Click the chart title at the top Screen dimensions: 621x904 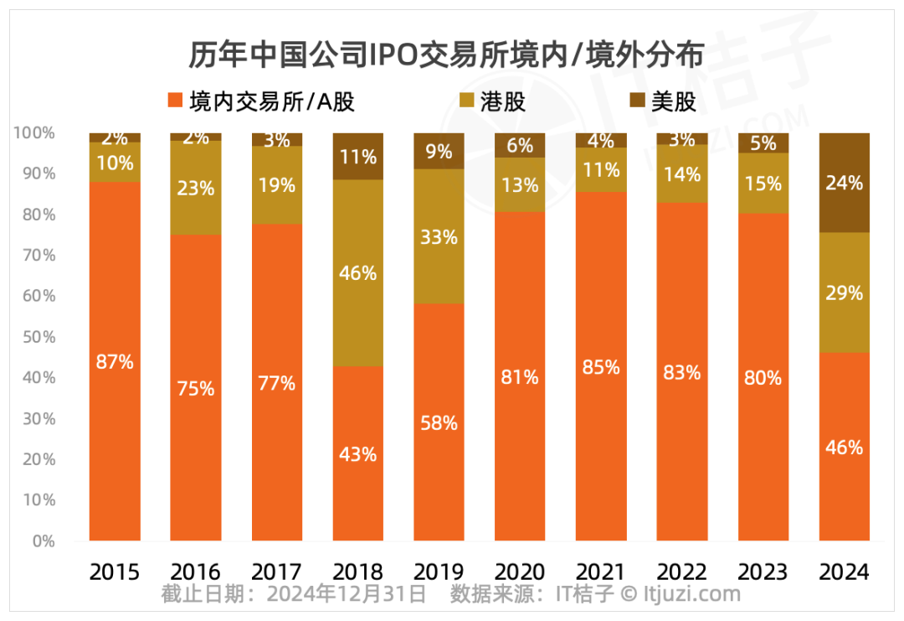pyautogui.click(x=444, y=55)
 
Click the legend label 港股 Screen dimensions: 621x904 pyautogui.click(x=504, y=101)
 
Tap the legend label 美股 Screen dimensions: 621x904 pyautogui.click(x=674, y=101)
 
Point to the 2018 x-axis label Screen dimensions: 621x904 pyautogui.click(x=357, y=572)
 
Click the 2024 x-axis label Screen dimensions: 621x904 pyautogui.click(x=844, y=572)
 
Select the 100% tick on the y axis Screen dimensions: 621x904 pyautogui.click(x=34, y=132)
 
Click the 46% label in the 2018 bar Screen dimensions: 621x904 pyautogui.click(x=358, y=273)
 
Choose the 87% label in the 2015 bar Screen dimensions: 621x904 pyautogui.click(x=115, y=362)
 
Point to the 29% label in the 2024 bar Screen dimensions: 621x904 pyautogui.click(x=844, y=293)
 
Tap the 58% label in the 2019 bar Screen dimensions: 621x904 pyautogui.click(x=439, y=423)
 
